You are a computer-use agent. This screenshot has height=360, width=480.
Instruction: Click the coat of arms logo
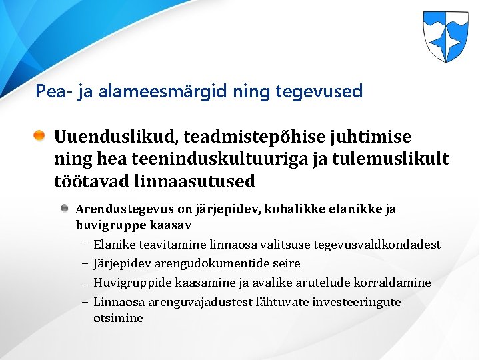445,37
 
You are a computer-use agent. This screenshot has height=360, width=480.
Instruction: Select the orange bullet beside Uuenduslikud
40,137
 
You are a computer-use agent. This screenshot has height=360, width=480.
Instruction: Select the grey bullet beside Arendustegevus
65,209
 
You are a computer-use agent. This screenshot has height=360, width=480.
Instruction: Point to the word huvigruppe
105,225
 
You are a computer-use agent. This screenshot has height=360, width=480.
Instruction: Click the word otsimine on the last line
118,318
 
